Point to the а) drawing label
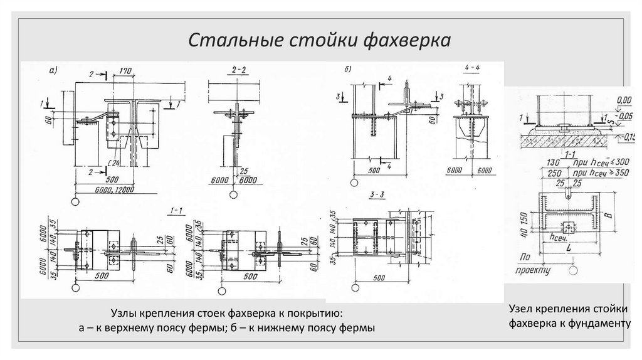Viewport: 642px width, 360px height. pyautogui.click(x=54, y=70)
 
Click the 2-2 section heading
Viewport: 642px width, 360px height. pyautogui.click(x=239, y=71)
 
